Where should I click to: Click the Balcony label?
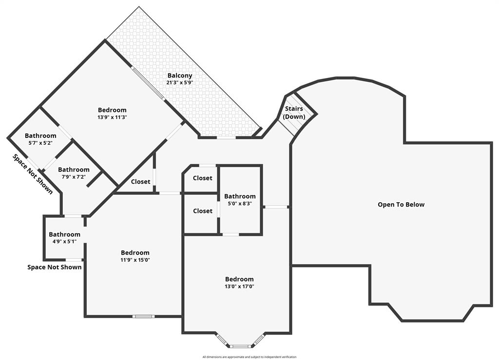point(180,76)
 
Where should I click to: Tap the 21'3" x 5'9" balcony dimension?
point(180,83)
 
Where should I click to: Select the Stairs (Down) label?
point(294,113)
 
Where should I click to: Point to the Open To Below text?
point(401,205)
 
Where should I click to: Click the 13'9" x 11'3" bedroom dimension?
point(112,117)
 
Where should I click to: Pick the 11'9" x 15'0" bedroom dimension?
point(135,260)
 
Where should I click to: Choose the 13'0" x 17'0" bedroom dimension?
point(239,286)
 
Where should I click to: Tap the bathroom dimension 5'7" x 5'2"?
point(40,143)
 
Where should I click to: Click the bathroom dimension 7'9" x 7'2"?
point(74,177)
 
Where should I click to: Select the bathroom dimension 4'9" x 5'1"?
point(64,242)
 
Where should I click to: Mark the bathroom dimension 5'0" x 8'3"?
point(240,204)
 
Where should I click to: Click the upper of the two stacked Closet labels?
point(202,178)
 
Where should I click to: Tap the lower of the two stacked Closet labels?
point(202,211)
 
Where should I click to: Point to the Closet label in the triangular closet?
point(140,182)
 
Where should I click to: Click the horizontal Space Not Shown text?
point(55,267)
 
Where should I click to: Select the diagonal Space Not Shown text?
point(33,174)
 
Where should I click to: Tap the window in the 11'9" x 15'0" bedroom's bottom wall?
point(143,317)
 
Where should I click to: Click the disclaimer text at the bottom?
point(249,357)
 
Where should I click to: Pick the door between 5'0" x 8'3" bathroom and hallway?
point(276,207)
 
